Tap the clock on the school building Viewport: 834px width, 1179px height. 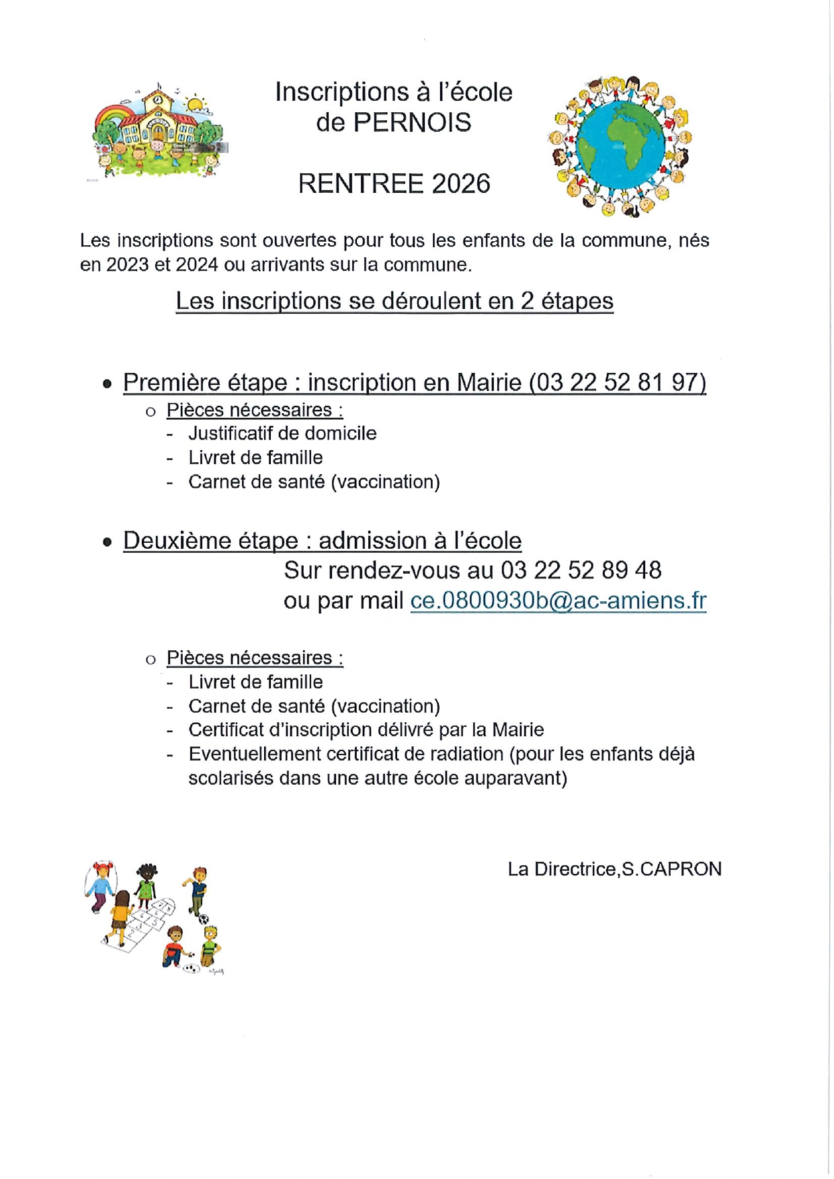tap(157, 99)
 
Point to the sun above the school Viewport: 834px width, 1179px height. tap(195, 105)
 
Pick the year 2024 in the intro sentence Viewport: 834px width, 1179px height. tap(197, 265)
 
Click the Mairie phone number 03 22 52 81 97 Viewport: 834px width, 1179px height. tap(618, 382)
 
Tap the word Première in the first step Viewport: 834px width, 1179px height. tap(171, 382)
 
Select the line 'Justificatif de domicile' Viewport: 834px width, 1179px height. tap(282, 433)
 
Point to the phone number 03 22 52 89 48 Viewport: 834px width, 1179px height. tap(581, 570)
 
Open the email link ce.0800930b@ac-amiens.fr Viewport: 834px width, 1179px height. tap(558, 601)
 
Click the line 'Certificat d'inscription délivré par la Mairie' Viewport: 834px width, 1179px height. tap(366, 730)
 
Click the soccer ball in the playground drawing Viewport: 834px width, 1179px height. tap(204, 920)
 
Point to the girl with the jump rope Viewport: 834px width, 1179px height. tap(100, 885)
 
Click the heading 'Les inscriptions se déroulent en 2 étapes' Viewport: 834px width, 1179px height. tap(394, 301)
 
